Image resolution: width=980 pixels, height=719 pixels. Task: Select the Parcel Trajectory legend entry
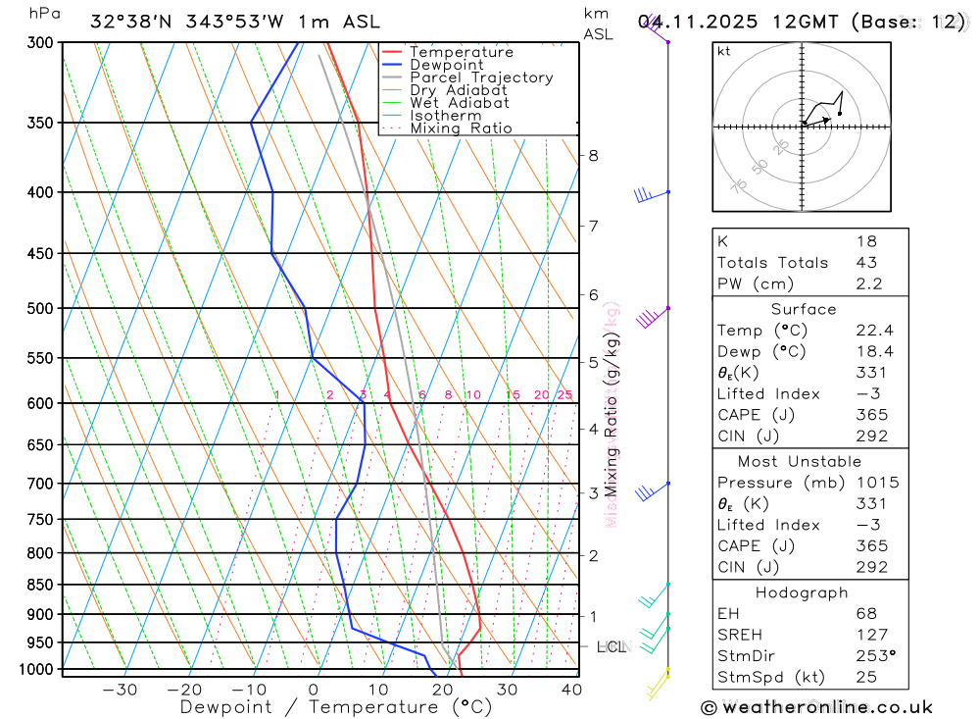[x=481, y=77]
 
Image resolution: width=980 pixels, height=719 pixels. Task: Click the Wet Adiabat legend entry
[x=460, y=102]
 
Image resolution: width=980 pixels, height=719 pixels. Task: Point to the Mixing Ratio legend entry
[x=461, y=128]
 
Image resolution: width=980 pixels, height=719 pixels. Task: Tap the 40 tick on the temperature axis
[x=571, y=690]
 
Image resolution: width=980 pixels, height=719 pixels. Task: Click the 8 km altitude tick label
[x=593, y=155]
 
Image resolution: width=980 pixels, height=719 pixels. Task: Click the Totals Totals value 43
[x=866, y=263]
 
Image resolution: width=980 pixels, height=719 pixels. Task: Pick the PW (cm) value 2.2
[x=869, y=283]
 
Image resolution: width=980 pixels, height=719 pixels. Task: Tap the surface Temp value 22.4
[x=875, y=331]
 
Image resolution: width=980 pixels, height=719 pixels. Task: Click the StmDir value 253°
[x=874, y=656]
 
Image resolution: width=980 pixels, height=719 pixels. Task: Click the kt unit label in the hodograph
[x=724, y=51]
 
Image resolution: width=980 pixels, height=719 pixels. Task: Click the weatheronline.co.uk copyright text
[x=817, y=707]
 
